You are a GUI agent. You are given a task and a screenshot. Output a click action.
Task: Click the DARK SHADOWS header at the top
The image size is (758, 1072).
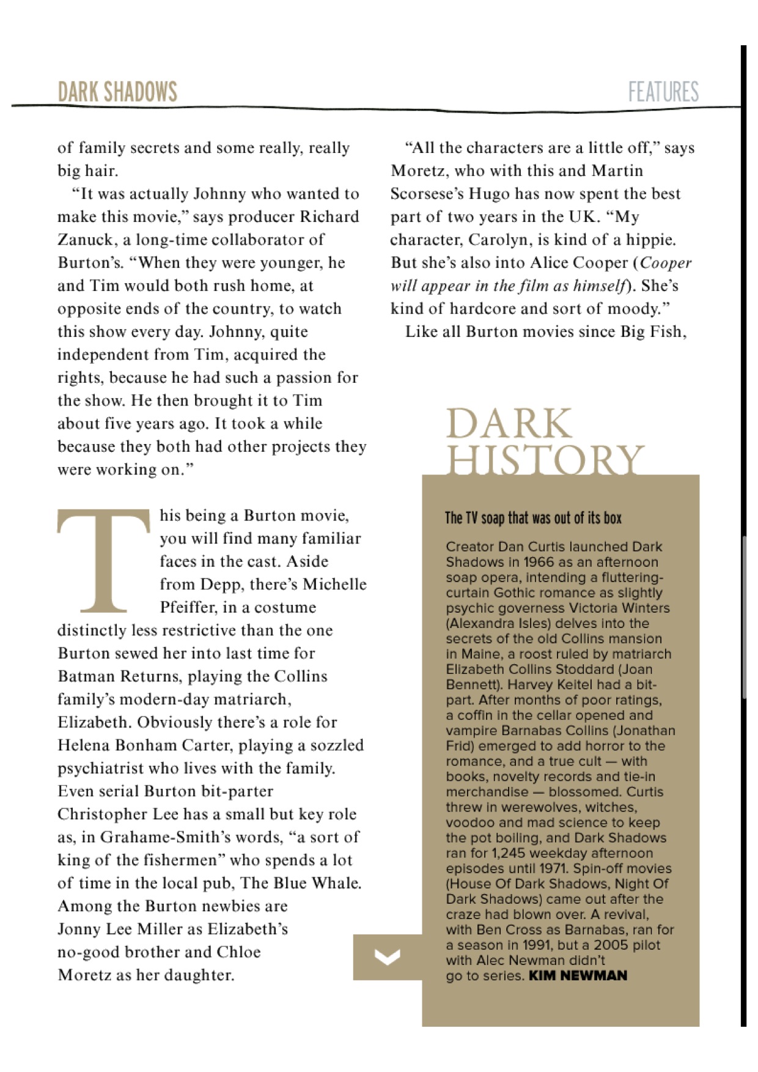[117, 92]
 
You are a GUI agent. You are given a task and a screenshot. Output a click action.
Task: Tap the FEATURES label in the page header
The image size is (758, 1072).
[663, 92]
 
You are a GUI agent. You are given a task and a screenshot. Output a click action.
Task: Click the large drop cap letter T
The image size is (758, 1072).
[103, 560]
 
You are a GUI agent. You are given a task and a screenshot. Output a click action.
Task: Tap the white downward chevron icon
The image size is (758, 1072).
[388, 956]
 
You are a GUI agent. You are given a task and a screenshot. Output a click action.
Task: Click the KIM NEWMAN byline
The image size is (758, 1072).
[578, 975]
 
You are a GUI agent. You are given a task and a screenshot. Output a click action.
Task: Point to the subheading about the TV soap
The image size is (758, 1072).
[533, 518]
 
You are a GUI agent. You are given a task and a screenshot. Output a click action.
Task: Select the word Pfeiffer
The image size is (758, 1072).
[189, 607]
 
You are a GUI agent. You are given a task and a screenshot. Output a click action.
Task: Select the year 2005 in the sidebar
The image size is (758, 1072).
[612, 945]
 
